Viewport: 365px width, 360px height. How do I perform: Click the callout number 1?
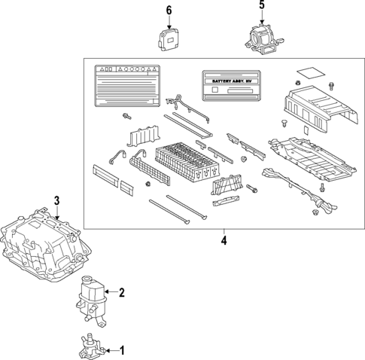point(123,350)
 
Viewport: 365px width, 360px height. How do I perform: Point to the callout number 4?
point(224,241)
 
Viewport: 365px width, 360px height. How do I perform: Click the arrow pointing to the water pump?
point(111,350)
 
